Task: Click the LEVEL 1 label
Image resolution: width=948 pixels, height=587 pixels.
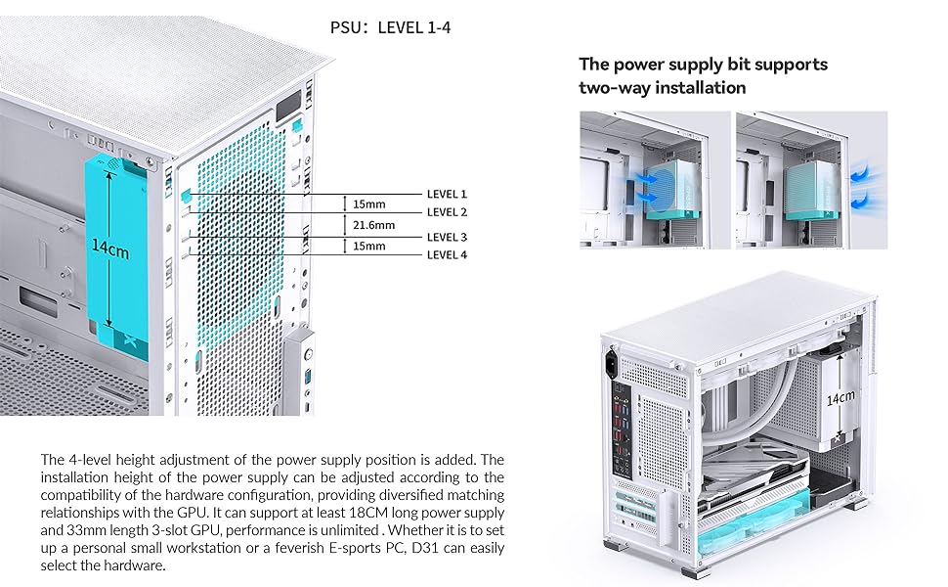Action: tap(447, 194)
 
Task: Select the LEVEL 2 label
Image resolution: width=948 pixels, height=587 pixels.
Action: tap(447, 212)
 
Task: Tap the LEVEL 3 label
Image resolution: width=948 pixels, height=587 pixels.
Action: tap(447, 237)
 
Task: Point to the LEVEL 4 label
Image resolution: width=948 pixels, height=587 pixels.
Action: tap(447, 255)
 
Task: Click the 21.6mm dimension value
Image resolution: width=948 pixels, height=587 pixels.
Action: tap(373, 225)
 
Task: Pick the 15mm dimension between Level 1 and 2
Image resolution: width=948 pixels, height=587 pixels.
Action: tap(369, 204)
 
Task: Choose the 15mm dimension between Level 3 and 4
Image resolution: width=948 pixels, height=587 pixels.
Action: tap(369, 247)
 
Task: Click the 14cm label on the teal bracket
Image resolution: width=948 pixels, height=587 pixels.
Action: tap(110, 249)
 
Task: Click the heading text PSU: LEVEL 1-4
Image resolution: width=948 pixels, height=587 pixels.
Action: tap(390, 28)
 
